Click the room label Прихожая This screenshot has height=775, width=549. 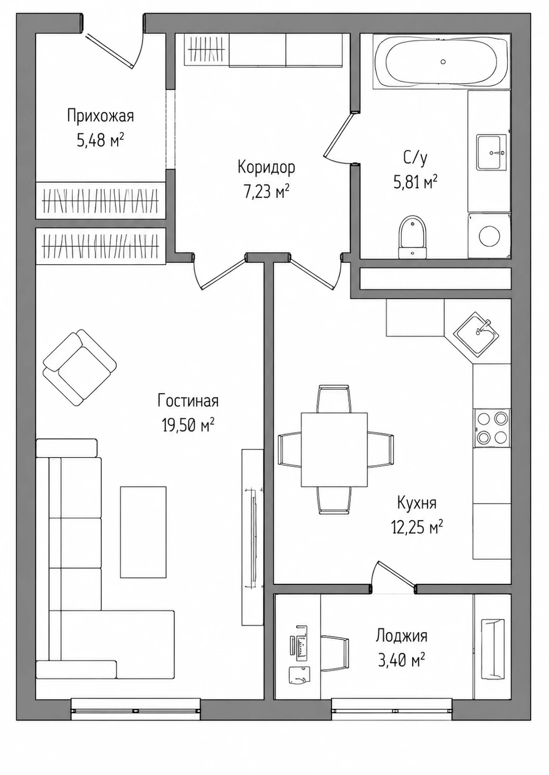[100, 116]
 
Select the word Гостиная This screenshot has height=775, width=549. [188, 401]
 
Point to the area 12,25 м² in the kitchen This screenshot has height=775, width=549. [417, 528]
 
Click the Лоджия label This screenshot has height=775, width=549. [401, 636]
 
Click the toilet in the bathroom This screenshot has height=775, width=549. [412, 238]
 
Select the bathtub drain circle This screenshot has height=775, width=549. [443, 62]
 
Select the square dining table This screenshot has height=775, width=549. [334, 450]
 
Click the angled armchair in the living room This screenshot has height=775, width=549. [80, 367]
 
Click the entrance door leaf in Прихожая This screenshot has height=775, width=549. [109, 50]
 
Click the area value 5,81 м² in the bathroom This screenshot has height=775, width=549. [415, 182]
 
